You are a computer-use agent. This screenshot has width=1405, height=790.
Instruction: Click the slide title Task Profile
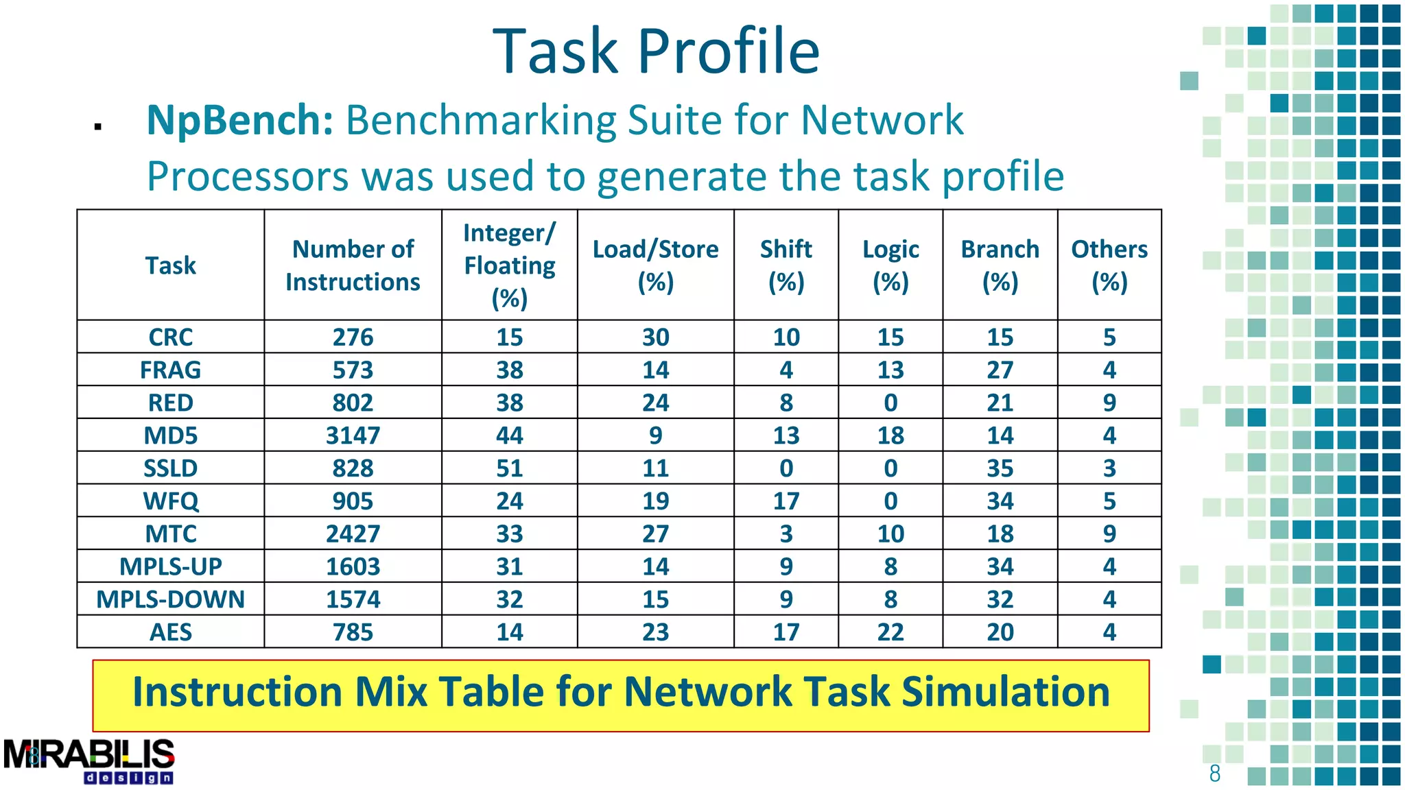[x=656, y=51]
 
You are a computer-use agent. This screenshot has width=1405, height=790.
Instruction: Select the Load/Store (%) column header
[x=655, y=265]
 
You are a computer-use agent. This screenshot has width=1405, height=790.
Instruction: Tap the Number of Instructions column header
[x=353, y=265]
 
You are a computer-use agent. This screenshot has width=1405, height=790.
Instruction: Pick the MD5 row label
[x=170, y=435]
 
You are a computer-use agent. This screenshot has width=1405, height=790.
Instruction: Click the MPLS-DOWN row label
[x=170, y=599]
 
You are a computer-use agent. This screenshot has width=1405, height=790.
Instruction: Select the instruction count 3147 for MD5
[x=353, y=435]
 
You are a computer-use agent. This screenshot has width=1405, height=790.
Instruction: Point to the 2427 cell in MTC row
[x=353, y=534]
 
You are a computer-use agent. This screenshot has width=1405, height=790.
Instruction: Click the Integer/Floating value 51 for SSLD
[x=509, y=468]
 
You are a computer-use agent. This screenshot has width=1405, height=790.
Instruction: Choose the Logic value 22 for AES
[x=890, y=632]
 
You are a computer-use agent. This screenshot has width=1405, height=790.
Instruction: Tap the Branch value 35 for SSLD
[x=1000, y=468]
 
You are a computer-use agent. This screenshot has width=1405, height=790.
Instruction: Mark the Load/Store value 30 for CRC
[x=655, y=337]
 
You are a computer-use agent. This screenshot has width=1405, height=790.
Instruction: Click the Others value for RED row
[x=1109, y=403]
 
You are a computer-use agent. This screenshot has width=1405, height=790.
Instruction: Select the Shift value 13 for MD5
[x=786, y=435]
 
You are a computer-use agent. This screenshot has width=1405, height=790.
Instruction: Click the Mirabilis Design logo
[x=89, y=761]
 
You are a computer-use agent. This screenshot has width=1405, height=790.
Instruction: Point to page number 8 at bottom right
[x=1214, y=774]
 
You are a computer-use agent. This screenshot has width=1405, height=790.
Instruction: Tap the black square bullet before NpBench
[x=98, y=126]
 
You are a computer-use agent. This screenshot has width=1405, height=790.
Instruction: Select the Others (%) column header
[x=1109, y=265]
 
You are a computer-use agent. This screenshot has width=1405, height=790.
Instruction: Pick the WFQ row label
[x=170, y=501]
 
